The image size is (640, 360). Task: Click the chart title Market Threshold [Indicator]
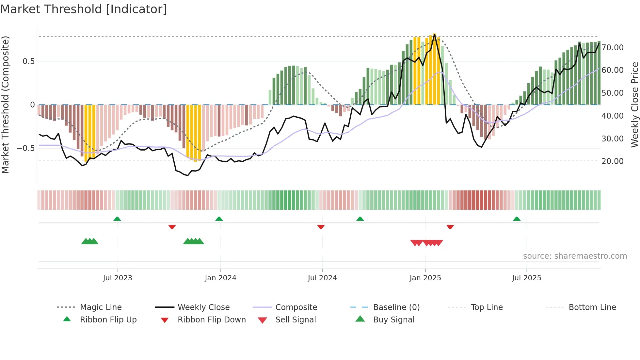point(84,9)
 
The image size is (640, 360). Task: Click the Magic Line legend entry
point(101,307)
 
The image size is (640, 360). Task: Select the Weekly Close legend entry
point(203,307)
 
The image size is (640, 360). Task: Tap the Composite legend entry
point(296,307)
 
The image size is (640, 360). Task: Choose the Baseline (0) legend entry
point(396,307)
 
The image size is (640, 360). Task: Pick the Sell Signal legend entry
point(295,320)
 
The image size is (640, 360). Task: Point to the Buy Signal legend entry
point(393,320)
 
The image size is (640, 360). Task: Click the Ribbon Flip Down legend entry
point(211,320)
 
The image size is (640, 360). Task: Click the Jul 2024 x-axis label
point(322,278)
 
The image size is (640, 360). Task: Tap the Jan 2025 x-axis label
point(425,278)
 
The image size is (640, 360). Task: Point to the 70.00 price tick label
point(613,48)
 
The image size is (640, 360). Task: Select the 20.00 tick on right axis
point(613,161)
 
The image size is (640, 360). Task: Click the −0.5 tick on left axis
point(26,148)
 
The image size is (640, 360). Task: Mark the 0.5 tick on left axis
point(28,61)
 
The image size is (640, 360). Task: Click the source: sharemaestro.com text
point(575,256)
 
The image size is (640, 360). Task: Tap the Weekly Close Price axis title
point(634,105)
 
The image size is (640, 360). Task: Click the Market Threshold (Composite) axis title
point(5,105)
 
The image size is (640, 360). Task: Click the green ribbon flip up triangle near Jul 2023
point(117,219)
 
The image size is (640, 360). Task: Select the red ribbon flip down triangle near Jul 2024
point(321,227)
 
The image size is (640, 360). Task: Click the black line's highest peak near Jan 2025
point(435,34)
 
